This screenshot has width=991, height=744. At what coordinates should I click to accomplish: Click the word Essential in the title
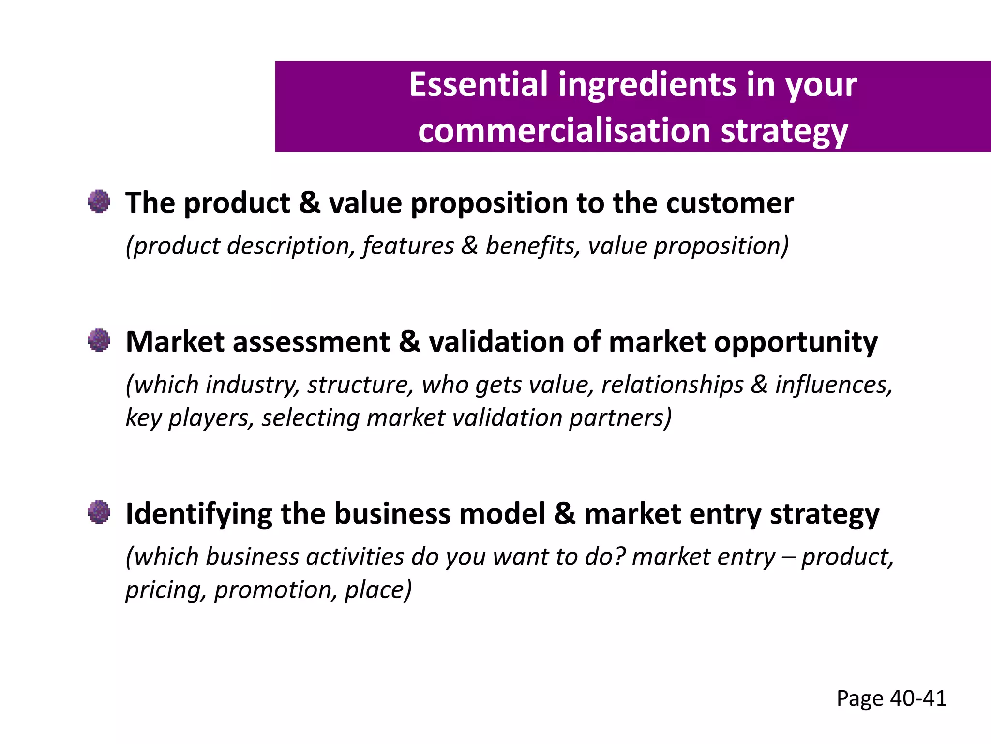[x=479, y=84]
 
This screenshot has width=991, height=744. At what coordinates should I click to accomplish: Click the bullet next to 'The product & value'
[x=99, y=201]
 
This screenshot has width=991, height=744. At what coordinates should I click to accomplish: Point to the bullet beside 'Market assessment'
[x=99, y=341]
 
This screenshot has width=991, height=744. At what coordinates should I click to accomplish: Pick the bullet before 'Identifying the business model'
[x=99, y=512]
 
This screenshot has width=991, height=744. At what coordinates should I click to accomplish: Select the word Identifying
[x=199, y=514]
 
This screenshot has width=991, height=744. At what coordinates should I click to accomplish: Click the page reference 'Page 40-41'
[x=891, y=698]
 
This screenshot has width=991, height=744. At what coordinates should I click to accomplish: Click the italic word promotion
[x=275, y=590]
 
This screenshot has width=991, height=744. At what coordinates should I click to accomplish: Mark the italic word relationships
[x=672, y=385]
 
